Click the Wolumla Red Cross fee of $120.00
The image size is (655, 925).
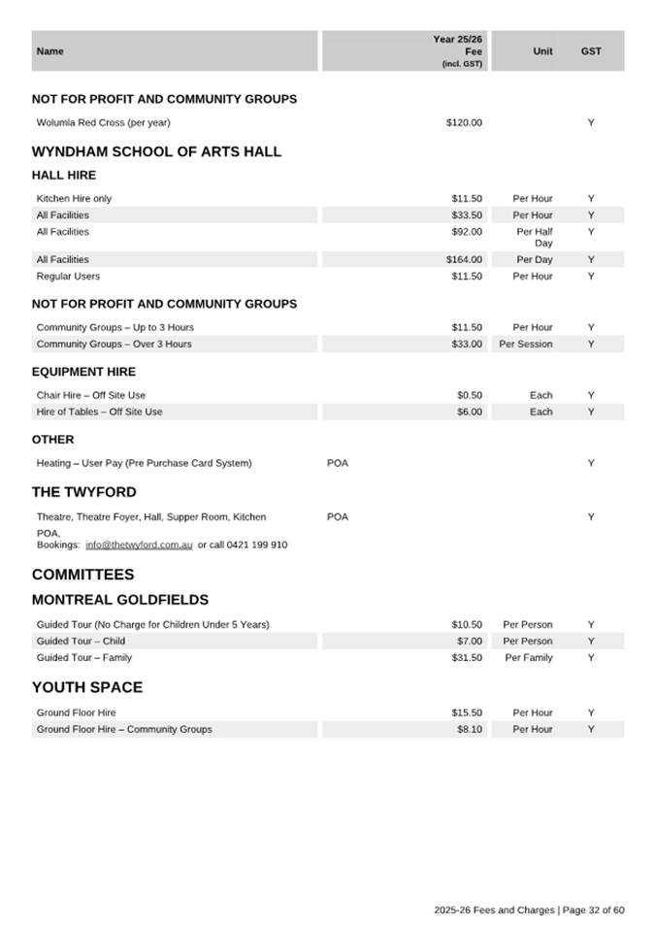464,123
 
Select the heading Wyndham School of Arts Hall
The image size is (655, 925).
156,151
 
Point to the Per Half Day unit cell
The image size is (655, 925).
535,238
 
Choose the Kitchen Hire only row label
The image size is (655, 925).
74,199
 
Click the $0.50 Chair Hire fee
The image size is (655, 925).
470,396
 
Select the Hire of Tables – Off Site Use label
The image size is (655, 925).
99,413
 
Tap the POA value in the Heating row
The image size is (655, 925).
338,464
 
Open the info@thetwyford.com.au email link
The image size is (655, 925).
139,545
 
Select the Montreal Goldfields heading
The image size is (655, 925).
120,600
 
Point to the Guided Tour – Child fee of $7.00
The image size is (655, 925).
470,642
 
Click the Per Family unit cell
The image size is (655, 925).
529,658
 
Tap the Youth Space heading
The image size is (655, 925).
87,687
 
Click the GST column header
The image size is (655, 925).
591,51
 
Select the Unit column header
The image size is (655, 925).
543,51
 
